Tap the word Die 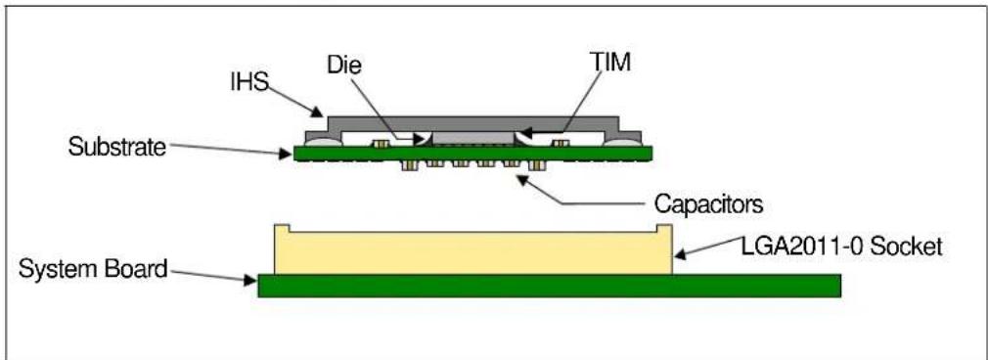tap(344, 65)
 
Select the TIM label tap(609, 63)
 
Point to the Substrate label tap(117, 148)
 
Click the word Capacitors tap(708, 203)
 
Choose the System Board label tap(93, 269)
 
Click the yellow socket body tap(473, 252)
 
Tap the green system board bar tap(549, 285)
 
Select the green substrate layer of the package tap(472, 154)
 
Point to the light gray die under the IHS tap(473, 138)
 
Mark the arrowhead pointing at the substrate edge tap(287, 153)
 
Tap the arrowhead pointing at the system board tap(250, 280)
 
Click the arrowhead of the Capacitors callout tap(521, 181)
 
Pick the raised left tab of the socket tap(282, 228)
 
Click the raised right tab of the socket tap(665, 228)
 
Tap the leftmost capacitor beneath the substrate tap(408, 165)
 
